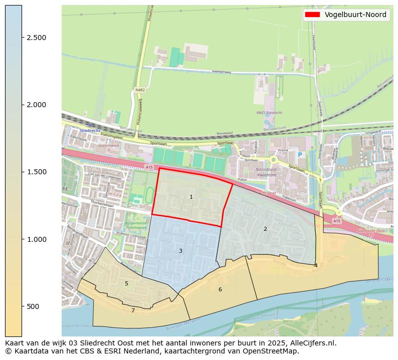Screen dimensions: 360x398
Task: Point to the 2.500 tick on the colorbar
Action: [x=22, y=38]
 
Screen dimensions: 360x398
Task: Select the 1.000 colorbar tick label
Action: [x=36, y=239]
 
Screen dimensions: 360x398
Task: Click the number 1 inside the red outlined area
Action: [x=191, y=197]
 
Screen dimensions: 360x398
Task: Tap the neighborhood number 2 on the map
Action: [x=265, y=229]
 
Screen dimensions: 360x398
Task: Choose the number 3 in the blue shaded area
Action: [x=180, y=251]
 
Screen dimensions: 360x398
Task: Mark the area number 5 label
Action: [x=126, y=284]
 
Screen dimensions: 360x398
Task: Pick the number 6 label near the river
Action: [x=220, y=289]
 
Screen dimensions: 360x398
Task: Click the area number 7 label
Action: [x=133, y=311]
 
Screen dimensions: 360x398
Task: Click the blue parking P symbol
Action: [x=300, y=155]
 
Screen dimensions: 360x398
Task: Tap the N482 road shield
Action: [x=139, y=90]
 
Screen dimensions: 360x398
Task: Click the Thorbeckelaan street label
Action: [x=102, y=203]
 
